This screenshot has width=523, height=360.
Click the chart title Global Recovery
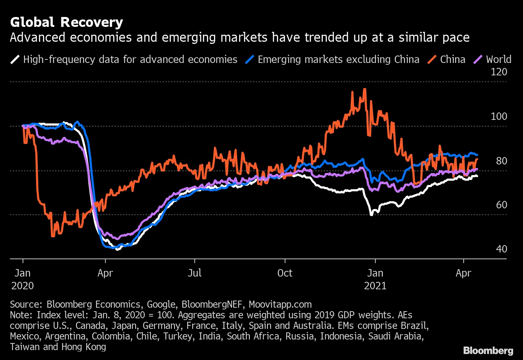(66, 22)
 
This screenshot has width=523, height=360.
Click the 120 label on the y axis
(499, 72)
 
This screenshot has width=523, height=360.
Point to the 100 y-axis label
(499, 116)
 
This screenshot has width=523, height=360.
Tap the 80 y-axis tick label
(501, 161)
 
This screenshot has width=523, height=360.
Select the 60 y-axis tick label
(501, 205)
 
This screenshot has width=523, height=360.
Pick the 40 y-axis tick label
(501, 249)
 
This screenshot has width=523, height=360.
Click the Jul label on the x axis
(195, 273)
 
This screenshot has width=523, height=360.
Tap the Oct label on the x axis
(285, 273)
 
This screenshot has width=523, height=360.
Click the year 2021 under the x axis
(375, 286)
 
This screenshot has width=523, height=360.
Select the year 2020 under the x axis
(23, 286)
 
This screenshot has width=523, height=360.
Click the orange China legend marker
(432, 59)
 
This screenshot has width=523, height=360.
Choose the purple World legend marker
(478, 59)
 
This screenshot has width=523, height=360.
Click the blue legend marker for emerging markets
(250, 59)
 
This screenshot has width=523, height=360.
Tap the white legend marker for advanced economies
(15, 59)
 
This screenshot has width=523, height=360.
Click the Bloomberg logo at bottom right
(488, 350)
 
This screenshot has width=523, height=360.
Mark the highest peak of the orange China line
(364, 89)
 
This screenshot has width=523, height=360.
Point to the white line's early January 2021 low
(371, 214)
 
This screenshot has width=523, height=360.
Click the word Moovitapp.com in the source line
(280, 304)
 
